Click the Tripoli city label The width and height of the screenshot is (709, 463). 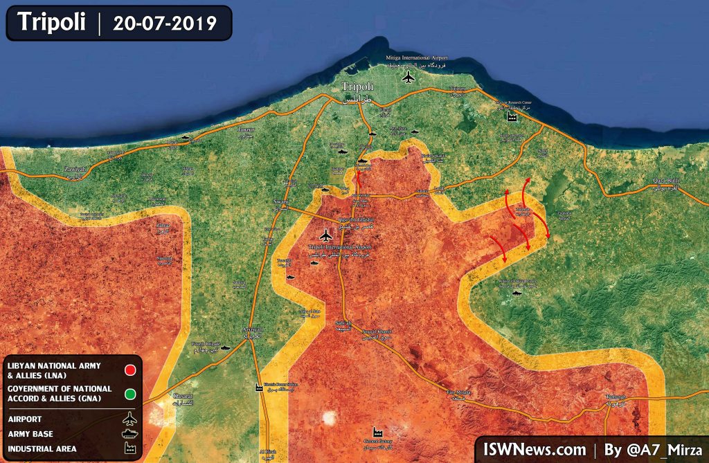(x=358, y=87)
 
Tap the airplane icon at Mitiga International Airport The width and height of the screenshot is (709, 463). (x=409, y=76)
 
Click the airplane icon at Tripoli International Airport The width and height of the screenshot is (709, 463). (x=325, y=236)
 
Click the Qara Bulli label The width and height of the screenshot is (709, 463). (x=667, y=181)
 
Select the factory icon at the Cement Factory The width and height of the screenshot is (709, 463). (x=378, y=430)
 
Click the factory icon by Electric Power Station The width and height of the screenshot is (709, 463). (x=259, y=388)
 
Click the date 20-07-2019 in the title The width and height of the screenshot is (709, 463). (x=165, y=22)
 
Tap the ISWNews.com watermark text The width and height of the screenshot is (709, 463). (x=532, y=448)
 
